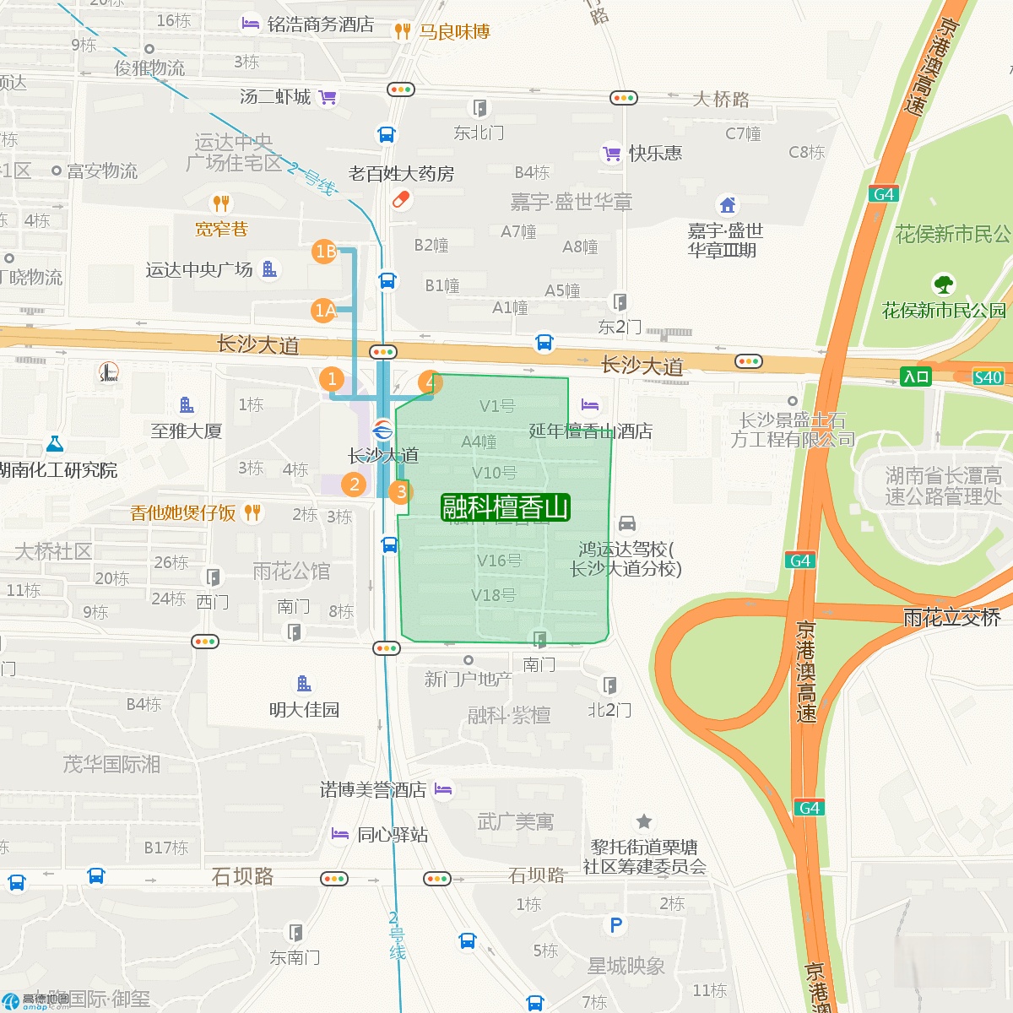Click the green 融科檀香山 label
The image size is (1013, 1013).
click(x=506, y=507)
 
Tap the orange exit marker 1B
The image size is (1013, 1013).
click(x=325, y=251)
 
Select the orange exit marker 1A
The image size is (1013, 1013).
click(x=324, y=311)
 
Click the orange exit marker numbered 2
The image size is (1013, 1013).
click(x=355, y=484)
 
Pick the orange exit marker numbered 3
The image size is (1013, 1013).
click(x=401, y=491)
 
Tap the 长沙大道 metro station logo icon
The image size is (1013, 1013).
click(x=382, y=430)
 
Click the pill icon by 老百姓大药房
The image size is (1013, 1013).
click(x=401, y=200)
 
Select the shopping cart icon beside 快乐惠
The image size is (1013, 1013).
click(x=611, y=154)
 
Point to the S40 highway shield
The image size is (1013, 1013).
click(x=988, y=377)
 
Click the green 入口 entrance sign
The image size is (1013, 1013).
click(x=916, y=376)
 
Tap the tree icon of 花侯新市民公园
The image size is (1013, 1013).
click(x=944, y=284)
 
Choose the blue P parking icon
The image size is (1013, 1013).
click(x=616, y=925)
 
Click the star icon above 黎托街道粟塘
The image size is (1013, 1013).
click(x=644, y=821)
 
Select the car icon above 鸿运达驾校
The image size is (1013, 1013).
click(x=627, y=523)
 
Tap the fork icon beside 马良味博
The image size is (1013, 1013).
click(x=403, y=31)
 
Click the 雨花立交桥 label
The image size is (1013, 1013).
click(x=951, y=618)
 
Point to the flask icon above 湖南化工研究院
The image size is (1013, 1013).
click(x=55, y=443)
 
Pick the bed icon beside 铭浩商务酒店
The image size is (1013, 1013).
click(x=251, y=24)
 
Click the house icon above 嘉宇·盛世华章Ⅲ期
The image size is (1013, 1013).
click(x=728, y=204)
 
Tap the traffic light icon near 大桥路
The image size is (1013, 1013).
click(x=624, y=98)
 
